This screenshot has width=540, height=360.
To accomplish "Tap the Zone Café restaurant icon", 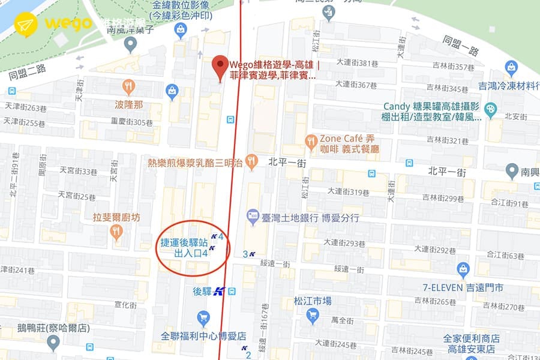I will click(x=311, y=142).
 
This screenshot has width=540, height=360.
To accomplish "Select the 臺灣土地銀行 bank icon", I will click(x=252, y=215).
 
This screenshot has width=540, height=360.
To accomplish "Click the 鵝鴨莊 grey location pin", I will click(x=53, y=343).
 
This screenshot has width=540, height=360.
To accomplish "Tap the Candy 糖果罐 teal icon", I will click(x=491, y=109).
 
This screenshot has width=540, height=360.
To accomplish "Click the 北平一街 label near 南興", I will click(x=446, y=172).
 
